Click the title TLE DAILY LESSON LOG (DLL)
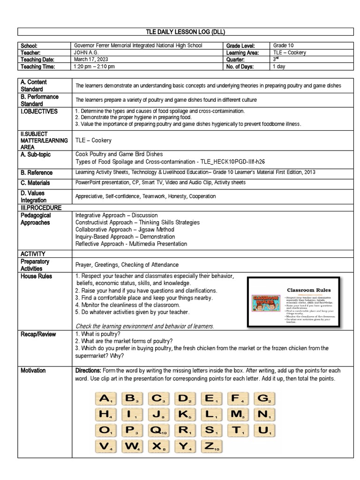pyautogui.click(x=186, y=32)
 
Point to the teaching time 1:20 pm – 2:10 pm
pyautogui.click(x=94, y=67)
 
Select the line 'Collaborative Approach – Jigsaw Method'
pyautogui.click(x=125, y=230)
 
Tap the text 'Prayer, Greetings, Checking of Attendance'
pyautogui.click(x=127, y=265)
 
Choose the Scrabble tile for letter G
pyautogui.click(x=264, y=398)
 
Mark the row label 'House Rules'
pyautogui.click(x=37, y=277)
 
